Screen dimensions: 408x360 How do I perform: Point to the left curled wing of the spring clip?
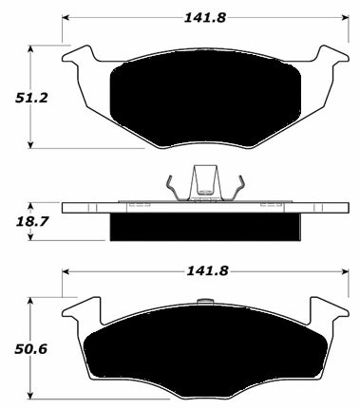[x=170, y=185]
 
